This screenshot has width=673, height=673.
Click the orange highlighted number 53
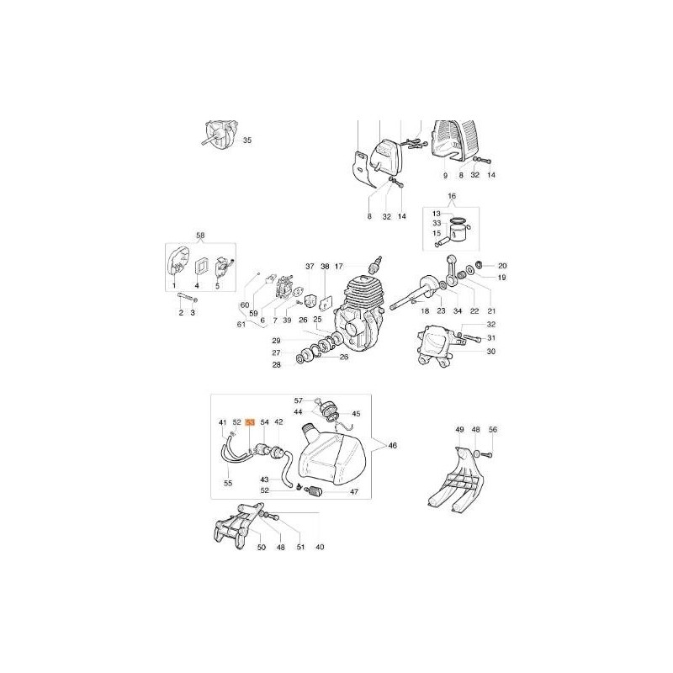pyautogui.click(x=250, y=422)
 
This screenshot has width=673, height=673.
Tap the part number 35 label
pyautogui.click(x=247, y=140)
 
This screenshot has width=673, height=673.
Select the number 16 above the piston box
pyautogui.click(x=451, y=197)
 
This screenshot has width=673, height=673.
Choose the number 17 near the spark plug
pyautogui.click(x=340, y=267)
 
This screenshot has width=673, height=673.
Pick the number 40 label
pyautogui.click(x=319, y=548)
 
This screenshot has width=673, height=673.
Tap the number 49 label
pyautogui.click(x=459, y=430)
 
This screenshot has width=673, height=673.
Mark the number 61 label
pyautogui.click(x=242, y=324)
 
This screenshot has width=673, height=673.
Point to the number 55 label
pyautogui.click(x=228, y=484)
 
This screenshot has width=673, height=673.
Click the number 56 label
pyautogui.click(x=493, y=430)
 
